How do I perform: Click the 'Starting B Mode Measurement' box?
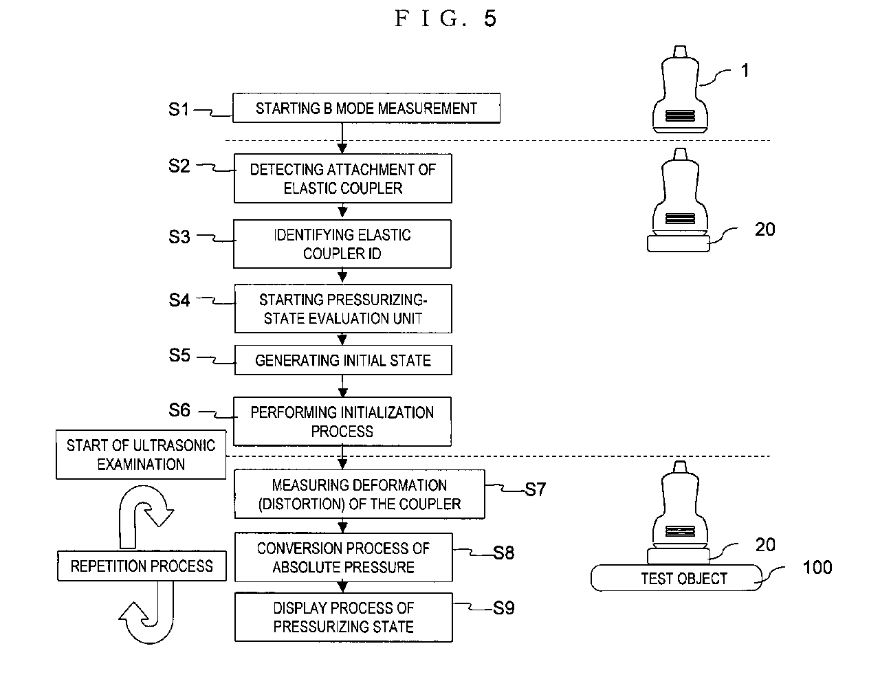(366, 109)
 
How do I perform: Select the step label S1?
(179, 109)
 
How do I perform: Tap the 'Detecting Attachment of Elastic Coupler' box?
(342, 179)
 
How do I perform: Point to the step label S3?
(179, 236)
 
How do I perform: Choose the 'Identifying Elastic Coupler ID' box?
(342, 244)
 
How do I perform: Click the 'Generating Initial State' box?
(342, 361)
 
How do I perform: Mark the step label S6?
(179, 410)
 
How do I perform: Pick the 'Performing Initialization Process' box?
(342, 421)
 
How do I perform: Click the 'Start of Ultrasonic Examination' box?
(141, 455)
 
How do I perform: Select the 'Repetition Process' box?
(142, 566)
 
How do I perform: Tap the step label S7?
(535, 489)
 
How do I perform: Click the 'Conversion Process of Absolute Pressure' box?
(343, 557)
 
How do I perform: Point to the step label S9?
(503, 608)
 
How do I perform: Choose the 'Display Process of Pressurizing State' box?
(343, 617)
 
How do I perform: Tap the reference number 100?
(817, 568)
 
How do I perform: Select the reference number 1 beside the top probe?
(745, 71)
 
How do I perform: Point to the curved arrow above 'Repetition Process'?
(145, 511)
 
